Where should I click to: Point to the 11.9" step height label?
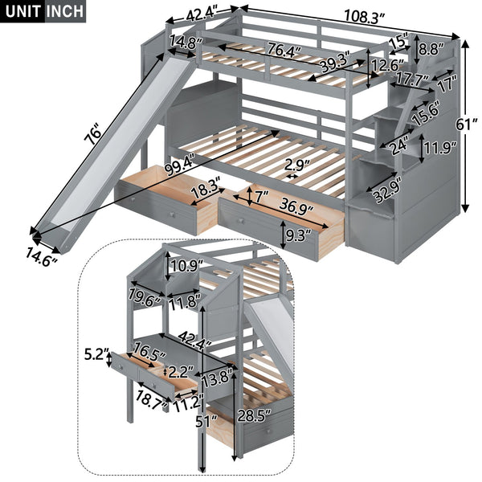click(x=439, y=149)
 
